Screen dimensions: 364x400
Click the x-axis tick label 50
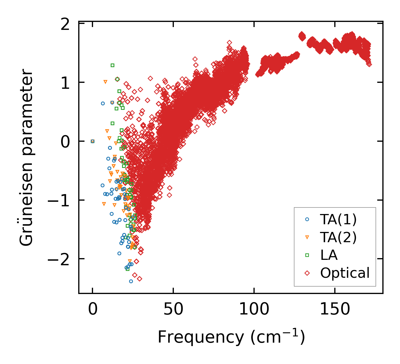point(173,310)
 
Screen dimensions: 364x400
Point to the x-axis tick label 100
point(254,310)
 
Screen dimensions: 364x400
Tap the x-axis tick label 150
point(335,310)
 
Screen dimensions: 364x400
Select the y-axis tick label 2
point(65,25)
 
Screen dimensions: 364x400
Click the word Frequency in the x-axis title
point(201,337)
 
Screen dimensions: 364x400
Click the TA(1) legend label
point(338,219)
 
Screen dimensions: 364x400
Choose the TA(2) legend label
point(338,237)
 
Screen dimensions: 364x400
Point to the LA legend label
point(329,255)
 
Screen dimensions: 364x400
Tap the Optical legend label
point(345,273)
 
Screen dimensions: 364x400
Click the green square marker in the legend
point(307,255)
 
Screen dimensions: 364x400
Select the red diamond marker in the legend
point(307,273)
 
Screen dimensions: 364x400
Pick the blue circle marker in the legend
point(307,219)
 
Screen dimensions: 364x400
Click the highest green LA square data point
point(112,65)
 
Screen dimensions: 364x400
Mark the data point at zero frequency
point(92,141)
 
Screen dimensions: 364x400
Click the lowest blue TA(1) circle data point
point(131,281)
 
